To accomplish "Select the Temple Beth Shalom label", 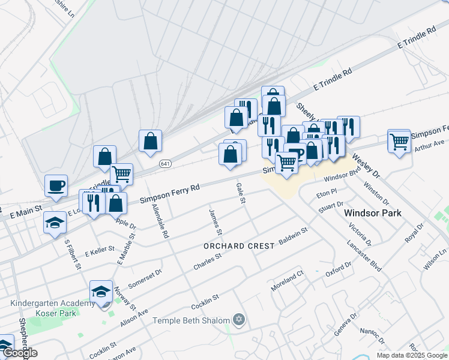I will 191,320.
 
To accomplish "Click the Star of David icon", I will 239,320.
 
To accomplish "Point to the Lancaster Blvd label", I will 364,257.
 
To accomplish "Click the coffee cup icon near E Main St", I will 56,185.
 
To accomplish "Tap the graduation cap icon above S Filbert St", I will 55,223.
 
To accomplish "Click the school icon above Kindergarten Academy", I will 101,292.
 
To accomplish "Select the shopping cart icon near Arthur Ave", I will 399,142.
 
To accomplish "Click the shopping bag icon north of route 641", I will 150,142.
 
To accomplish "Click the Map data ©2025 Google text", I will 411,355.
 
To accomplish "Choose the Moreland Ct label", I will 288,280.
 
